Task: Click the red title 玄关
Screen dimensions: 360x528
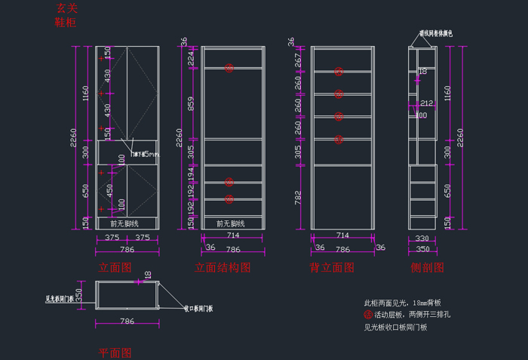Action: click(66, 9)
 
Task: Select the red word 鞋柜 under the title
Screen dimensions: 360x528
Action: click(66, 23)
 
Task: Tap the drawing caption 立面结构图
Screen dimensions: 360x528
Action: click(223, 268)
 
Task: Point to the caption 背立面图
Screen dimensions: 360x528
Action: click(332, 268)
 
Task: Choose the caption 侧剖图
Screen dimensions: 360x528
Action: click(427, 268)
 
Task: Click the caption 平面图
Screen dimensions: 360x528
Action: click(115, 352)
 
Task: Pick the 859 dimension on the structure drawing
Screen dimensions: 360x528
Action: click(192, 104)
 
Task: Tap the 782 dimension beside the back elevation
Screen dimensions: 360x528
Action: click(299, 198)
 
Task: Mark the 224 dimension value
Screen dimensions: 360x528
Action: click(192, 57)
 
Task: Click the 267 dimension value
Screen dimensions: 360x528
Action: click(299, 59)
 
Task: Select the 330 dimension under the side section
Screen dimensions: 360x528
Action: click(422, 239)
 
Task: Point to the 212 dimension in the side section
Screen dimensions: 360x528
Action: click(426, 103)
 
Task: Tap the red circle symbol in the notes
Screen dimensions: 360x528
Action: click(368, 315)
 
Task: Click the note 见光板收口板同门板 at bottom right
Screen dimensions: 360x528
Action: click(395, 328)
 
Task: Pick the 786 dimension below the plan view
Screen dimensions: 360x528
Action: click(127, 322)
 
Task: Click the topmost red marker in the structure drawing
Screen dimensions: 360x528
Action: click(229, 68)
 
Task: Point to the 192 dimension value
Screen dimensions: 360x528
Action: click(192, 191)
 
